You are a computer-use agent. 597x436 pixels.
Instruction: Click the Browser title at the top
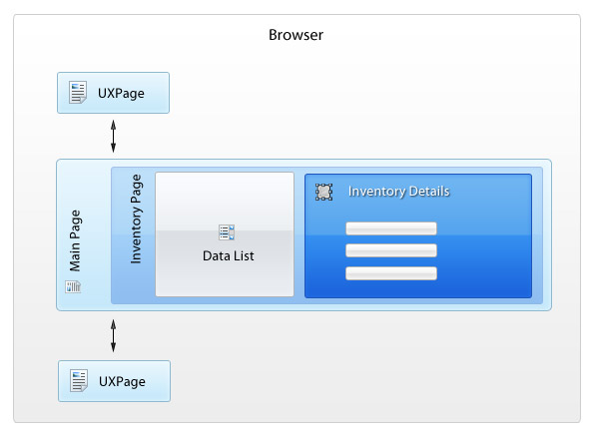(x=296, y=35)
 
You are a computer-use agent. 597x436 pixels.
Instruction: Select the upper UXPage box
(x=113, y=93)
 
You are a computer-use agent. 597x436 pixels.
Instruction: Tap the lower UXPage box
(x=114, y=381)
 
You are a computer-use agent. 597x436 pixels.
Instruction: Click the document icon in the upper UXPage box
(x=78, y=92)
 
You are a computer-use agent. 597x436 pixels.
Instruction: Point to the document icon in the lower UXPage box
(x=79, y=380)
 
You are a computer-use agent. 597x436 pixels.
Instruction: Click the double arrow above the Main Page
(x=113, y=137)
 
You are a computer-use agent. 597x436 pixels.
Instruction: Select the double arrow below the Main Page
(x=113, y=335)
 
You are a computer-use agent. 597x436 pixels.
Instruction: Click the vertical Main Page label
(x=75, y=240)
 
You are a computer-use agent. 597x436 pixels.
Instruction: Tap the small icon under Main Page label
(x=73, y=286)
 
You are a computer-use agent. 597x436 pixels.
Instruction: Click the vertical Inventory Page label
(x=136, y=218)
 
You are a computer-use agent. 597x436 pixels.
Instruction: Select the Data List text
(x=228, y=256)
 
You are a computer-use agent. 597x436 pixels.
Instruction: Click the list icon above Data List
(x=227, y=232)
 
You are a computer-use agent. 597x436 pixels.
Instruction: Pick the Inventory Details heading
(x=398, y=191)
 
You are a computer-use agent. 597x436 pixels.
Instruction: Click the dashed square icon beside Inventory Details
(x=324, y=192)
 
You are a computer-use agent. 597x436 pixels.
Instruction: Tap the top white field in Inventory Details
(x=391, y=228)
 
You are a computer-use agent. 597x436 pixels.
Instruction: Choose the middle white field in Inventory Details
(x=391, y=250)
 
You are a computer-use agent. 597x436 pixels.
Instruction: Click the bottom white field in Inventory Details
(x=391, y=273)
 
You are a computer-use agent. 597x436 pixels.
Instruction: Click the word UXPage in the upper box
(x=121, y=94)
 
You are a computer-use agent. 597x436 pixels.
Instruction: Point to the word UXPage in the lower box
(x=122, y=382)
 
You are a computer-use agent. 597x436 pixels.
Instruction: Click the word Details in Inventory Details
(x=429, y=191)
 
